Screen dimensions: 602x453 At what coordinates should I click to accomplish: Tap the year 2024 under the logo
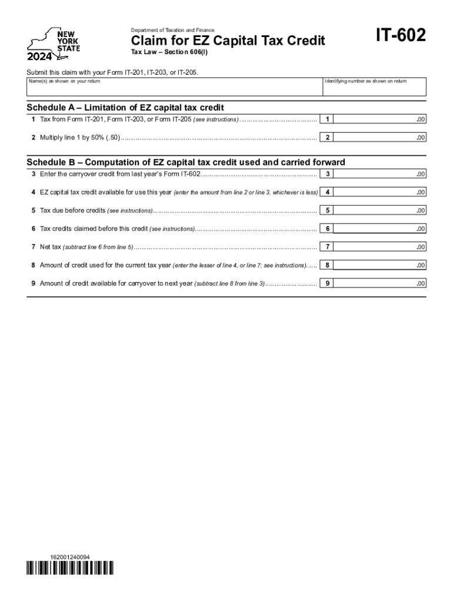point(40,57)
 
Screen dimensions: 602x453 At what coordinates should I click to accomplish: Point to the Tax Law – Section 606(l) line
point(156,52)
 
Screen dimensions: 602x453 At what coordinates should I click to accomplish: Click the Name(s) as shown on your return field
point(174,86)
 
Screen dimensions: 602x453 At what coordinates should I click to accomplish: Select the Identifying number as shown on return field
point(374,86)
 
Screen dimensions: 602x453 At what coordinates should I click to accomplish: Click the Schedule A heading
point(125,108)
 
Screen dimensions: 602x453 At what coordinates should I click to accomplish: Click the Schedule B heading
point(186,162)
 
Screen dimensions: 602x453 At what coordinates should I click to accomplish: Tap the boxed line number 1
point(327,119)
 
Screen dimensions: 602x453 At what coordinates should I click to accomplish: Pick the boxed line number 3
point(327,174)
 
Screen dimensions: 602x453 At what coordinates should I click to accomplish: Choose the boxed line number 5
point(327,210)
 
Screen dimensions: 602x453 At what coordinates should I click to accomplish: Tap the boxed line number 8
point(327,265)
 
